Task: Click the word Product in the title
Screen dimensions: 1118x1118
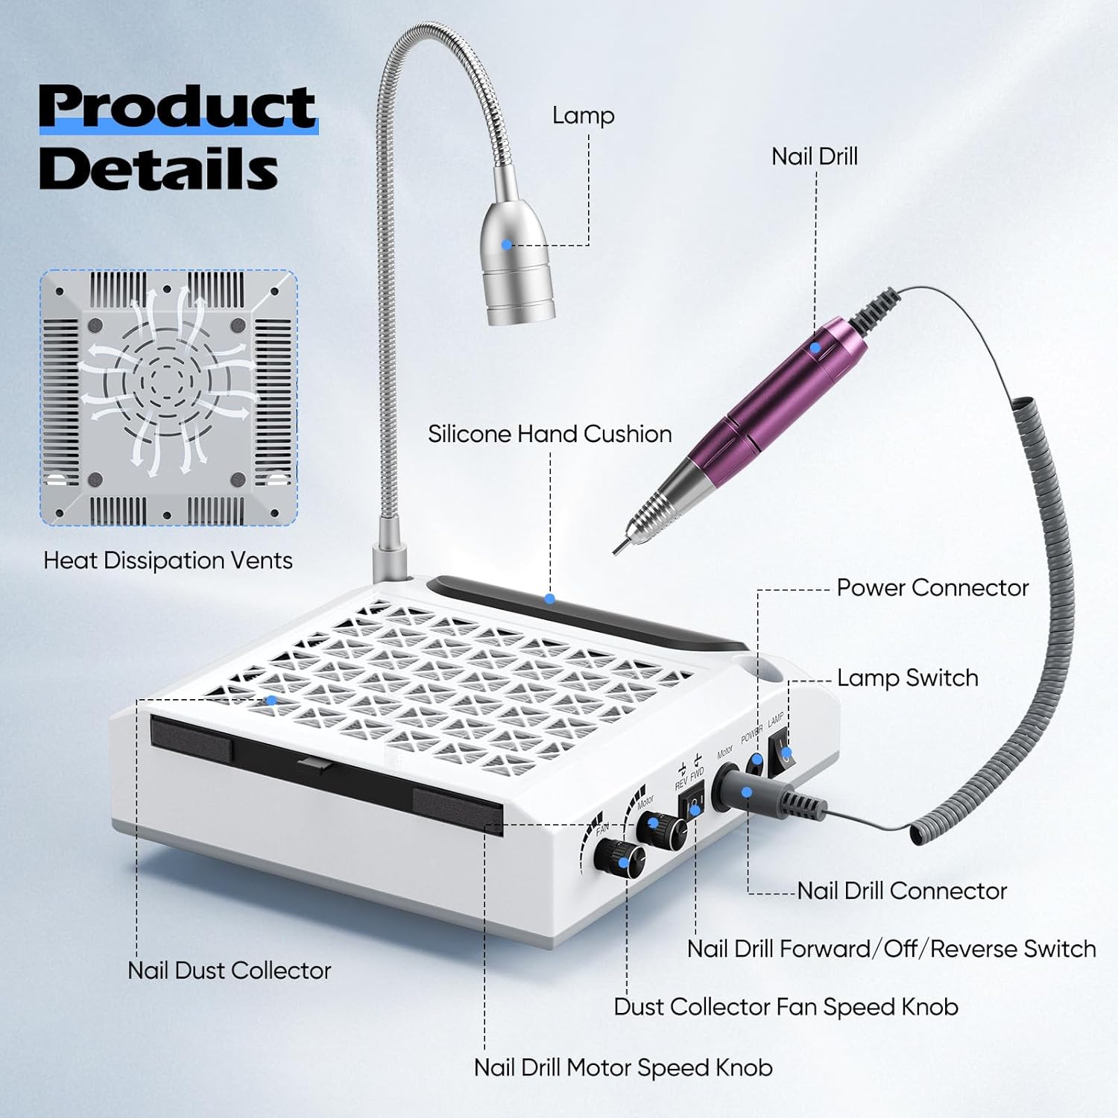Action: pyautogui.click(x=178, y=107)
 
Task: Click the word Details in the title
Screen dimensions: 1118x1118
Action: pyautogui.click(x=159, y=168)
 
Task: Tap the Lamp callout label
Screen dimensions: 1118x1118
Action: pyautogui.click(x=583, y=116)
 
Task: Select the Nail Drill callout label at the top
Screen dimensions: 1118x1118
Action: pyautogui.click(x=815, y=157)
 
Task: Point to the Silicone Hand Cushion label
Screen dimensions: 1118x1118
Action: pyautogui.click(x=550, y=434)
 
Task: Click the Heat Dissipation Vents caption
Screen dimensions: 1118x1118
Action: pyautogui.click(x=168, y=560)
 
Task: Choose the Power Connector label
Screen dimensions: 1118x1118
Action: pyautogui.click(x=932, y=587)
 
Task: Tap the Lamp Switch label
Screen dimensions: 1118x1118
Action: pyautogui.click(x=908, y=678)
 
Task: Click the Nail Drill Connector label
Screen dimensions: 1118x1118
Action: pyautogui.click(x=902, y=891)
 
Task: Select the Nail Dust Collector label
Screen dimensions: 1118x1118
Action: pyautogui.click(x=229, y=970)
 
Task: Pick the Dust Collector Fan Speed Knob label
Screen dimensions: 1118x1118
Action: pyautogui.click(x=786, y=1007)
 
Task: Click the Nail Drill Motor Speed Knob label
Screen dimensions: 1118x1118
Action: pyautogui.click(x=623, y=1068)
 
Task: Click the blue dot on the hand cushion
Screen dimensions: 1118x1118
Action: pyautogui.click(x=549, y=599)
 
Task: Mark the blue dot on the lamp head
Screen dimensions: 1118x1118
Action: pyautogui.click(x=507, y=244)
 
